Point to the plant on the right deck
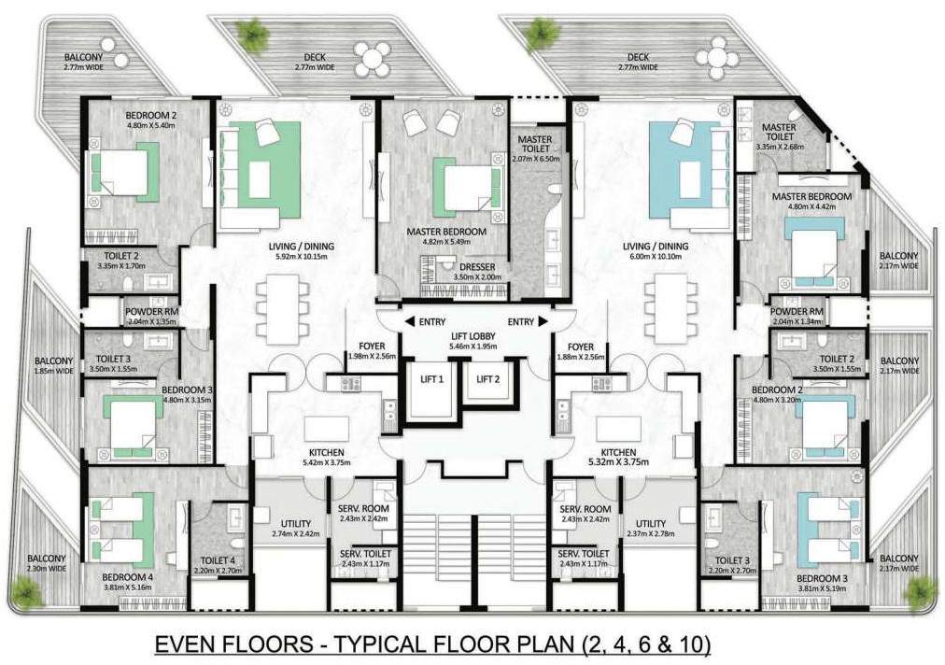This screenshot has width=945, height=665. pos(541,34)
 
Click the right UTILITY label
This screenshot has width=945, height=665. pos(650,523)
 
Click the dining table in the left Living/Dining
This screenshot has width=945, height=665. pos(285,307)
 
